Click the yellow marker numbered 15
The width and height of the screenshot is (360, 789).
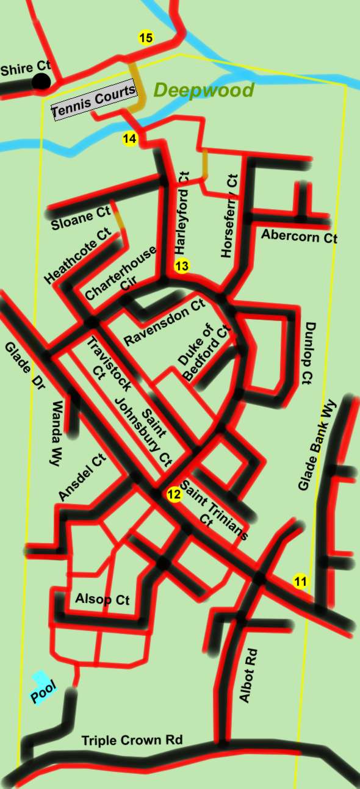(146, 38)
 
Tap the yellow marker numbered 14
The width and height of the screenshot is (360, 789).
(129, 139)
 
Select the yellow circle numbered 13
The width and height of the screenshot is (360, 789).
(182, 266)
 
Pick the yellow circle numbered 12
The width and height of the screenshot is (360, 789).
(175, 494)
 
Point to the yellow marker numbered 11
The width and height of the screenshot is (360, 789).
(300, 582)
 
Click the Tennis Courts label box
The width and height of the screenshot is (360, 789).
(93, 101)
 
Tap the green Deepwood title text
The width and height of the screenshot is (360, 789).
(203, 91)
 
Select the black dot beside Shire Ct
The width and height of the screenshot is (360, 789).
(41, 82)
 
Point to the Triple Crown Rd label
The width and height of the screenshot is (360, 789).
(132, 740)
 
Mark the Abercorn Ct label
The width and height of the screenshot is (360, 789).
(299, 236)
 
